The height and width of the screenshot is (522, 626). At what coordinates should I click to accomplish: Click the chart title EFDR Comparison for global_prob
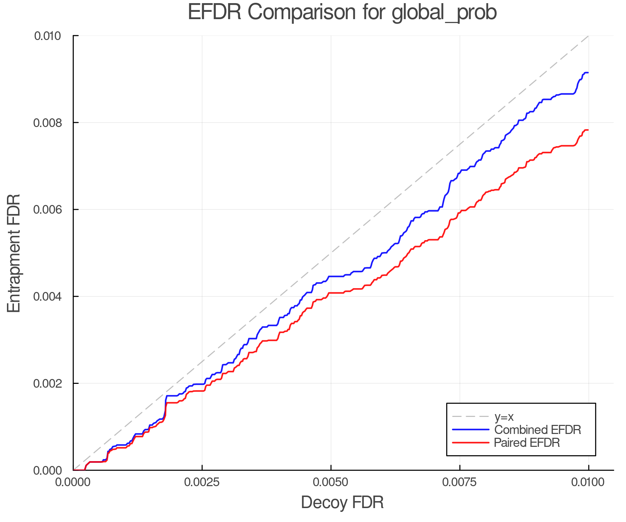click(342, 12)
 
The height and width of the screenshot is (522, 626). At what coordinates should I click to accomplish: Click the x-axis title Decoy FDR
click(342, 503)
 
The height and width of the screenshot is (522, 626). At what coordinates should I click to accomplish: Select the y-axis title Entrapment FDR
click(14, 253)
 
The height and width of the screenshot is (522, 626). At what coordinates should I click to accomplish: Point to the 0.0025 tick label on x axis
click(202, 482)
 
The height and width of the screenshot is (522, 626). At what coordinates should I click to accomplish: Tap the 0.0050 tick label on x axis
click(331, 482)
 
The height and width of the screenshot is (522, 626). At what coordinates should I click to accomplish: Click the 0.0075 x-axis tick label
click(460, 482)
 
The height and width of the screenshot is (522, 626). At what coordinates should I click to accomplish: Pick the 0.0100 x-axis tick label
click(588, 482)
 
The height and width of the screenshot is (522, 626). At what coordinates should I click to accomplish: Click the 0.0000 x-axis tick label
click(73, 482)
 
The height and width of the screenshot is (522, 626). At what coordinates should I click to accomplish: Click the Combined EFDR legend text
click(537, 430)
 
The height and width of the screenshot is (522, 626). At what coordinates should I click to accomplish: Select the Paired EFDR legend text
click(527, 443)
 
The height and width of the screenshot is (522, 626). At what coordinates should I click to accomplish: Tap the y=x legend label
click(504, 417)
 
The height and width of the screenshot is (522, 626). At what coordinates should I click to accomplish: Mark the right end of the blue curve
click(588, 72)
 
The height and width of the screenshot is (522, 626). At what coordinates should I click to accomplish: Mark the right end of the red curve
click(588, 130)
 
